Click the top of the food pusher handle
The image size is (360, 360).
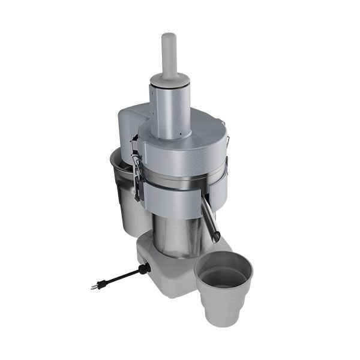(x=169, y=37)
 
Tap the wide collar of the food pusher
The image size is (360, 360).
(x=170, y=78)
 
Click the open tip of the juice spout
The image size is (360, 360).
(x=215, y=238)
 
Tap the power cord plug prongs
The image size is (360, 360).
(x=93, y=286)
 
